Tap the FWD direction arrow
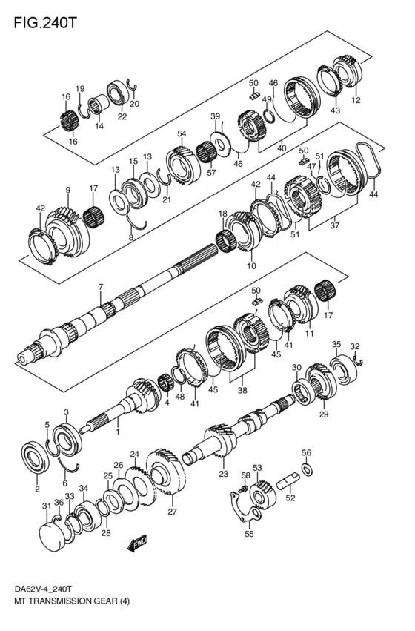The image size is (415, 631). (139, 546)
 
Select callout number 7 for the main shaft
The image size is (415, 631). (101, 286)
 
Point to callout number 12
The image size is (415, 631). (356, 100)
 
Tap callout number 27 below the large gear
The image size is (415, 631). (172, 512)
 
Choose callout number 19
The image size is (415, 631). (80, 89)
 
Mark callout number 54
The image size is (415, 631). (181, 133)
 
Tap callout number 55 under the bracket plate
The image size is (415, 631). (248, 533)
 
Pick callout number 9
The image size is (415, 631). (67, 190)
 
